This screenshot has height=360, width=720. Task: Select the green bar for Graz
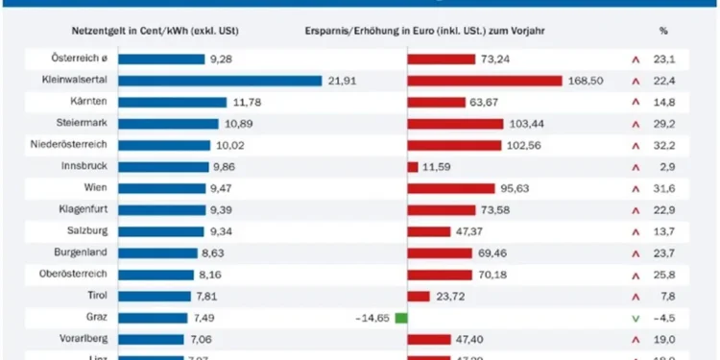pos(400,318)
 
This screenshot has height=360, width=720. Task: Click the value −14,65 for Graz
pos(371,318)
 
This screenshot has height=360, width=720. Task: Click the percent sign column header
pos(662,30)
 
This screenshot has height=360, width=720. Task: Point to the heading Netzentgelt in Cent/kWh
pos(154,30)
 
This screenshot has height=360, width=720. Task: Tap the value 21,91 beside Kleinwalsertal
pos(343,81)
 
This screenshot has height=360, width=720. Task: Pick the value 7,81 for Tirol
pos(208,296)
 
